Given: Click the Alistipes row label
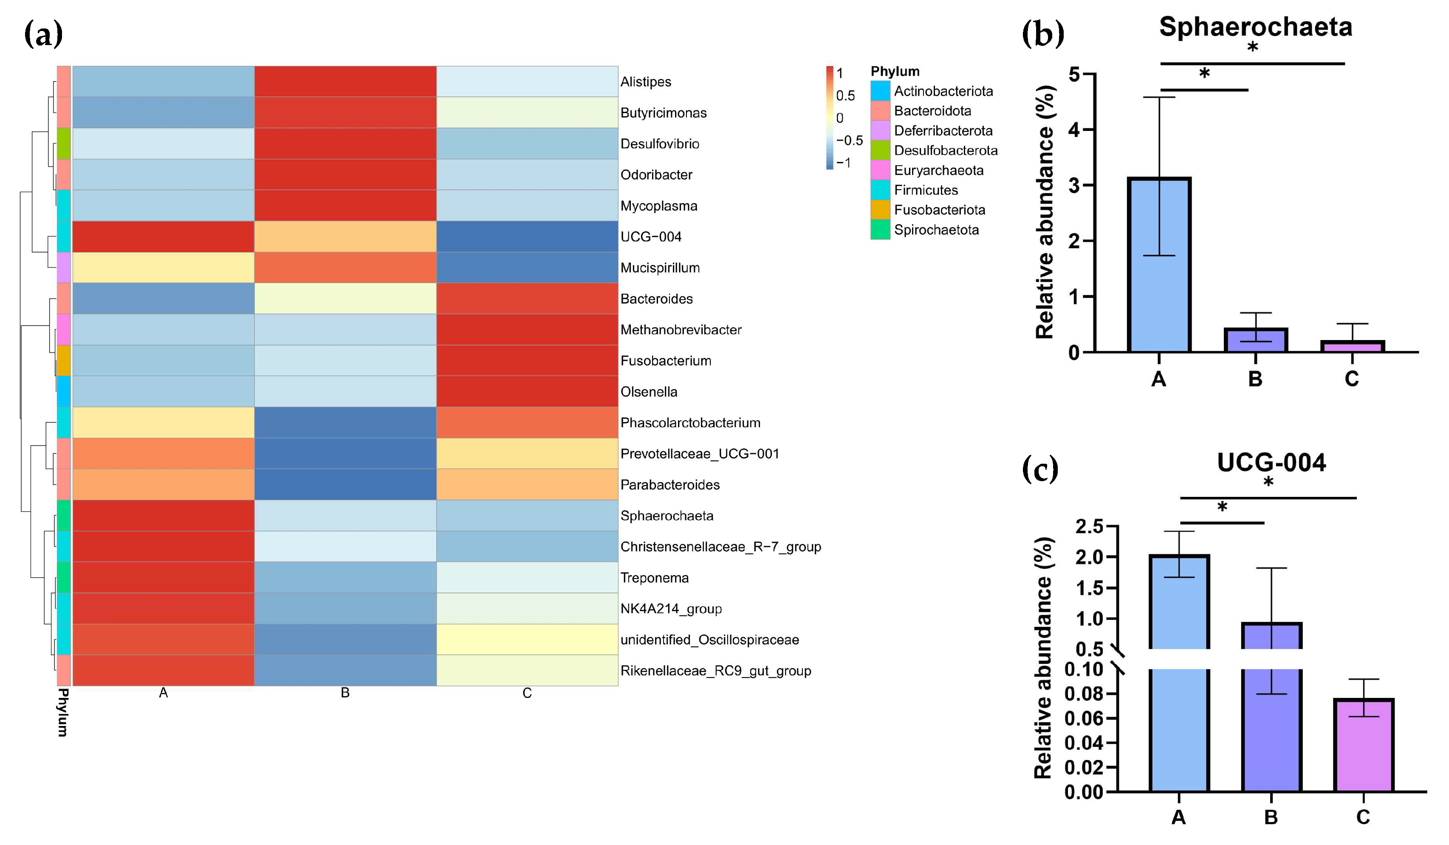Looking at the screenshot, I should (x=645, y=82).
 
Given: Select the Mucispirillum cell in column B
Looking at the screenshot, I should (x=345, y=267).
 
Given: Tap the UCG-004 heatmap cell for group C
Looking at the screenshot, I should (x=527, y=236).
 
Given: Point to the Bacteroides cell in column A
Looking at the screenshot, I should (x=163, y=298).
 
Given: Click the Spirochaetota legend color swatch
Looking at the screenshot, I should (x=880, y=230).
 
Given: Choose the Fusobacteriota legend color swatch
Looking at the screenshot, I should (x=880, y=210).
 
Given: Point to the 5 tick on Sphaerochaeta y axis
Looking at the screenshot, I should (x=1074, y=75).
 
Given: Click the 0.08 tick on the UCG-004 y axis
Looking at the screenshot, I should (x=1083, y=694).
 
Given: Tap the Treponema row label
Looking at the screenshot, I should (x=654, y=578).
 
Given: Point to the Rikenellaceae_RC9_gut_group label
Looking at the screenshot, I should (x=715, y=671).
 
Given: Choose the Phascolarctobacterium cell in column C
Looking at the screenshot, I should (x=527, y=423).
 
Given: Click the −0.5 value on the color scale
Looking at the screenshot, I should (x=849, y=140).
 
